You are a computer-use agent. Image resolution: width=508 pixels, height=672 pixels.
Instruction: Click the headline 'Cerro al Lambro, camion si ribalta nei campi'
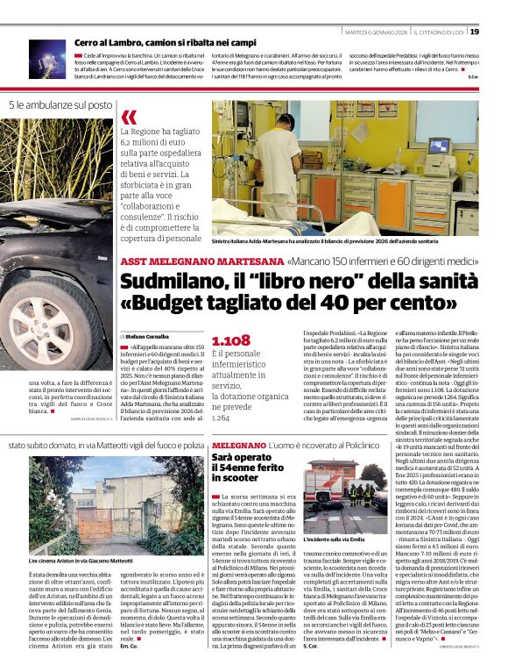(166, 42)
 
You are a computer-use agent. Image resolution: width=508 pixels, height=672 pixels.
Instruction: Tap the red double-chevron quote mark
(130, 118)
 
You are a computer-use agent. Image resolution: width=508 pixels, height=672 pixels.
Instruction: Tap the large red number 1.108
(230, 340)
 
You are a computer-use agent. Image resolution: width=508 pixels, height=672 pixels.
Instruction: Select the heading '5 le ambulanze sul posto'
(61, 105)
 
